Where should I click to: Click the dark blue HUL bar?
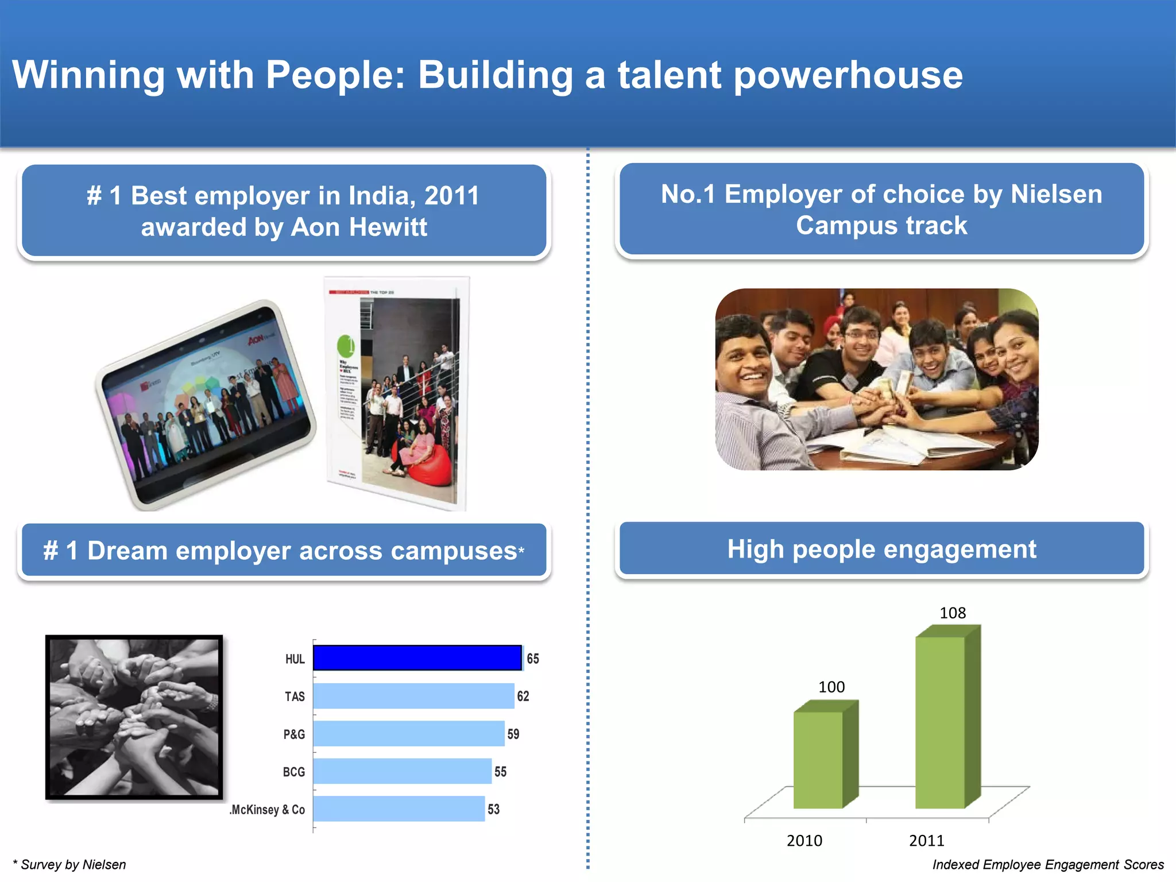417,658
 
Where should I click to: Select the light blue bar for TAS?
413,696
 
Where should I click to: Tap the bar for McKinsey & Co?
399,808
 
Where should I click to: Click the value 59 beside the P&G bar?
513,734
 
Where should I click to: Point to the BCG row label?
293,772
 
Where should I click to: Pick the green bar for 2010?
818,759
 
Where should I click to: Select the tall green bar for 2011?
940,722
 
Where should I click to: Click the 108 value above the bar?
952,613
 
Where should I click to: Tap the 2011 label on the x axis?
926,841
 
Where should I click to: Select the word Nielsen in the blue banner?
1056,194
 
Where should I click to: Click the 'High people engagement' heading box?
881,549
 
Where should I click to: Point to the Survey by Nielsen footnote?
69,865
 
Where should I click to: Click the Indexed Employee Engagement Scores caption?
1047,865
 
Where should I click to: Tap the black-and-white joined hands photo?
134,717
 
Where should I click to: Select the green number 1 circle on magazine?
346,346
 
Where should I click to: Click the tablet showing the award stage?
206,405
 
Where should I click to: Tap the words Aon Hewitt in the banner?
359,227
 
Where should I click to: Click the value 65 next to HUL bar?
533,659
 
